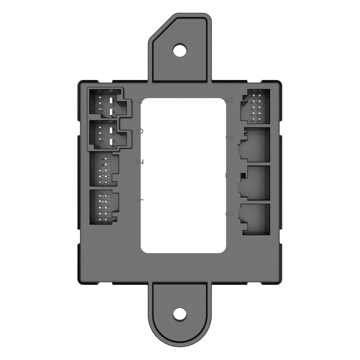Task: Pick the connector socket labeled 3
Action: [107, 134]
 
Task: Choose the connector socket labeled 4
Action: [107, 103]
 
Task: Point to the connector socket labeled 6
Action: [255, 144]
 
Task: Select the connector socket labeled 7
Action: [255, 182]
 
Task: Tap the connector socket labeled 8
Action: [256, 219]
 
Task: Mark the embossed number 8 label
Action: [230, 213]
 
